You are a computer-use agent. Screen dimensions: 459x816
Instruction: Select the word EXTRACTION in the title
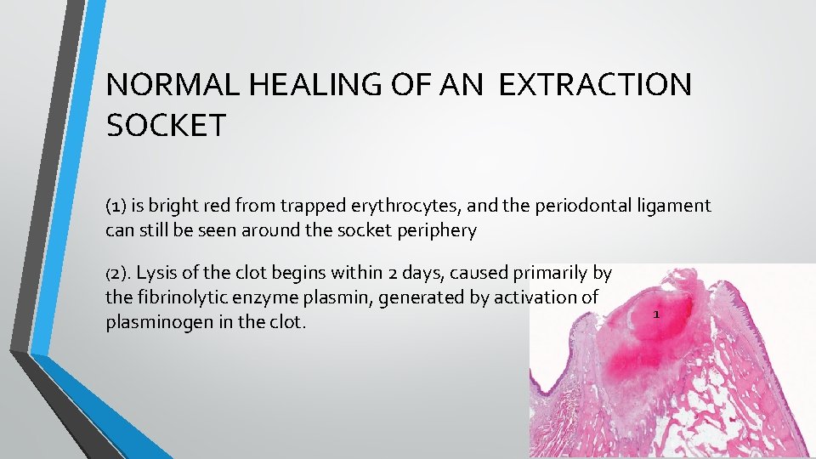coord(595,86)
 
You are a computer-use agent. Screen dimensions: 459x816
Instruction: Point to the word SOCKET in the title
coord(166,126)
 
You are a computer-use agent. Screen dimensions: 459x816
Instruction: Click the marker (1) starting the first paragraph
coord(116,207)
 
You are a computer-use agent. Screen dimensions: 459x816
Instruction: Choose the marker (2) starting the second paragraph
coord(118,274)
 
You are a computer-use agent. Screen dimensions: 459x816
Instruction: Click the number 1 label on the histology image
coord(656,315)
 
